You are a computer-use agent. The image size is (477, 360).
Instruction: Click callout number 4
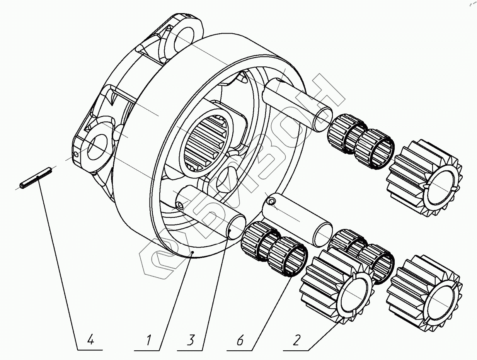(x=90, y=340)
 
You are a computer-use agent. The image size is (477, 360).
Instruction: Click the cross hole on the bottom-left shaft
(x=180, y=205)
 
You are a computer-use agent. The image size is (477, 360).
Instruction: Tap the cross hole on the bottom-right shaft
(x=272, y=201)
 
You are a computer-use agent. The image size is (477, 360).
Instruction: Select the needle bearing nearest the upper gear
(x=375, y=149)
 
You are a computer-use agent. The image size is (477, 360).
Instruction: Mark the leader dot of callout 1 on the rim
(x=193, y=252)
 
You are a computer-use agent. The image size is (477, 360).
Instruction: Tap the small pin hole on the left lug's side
(x=77, y=155)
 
